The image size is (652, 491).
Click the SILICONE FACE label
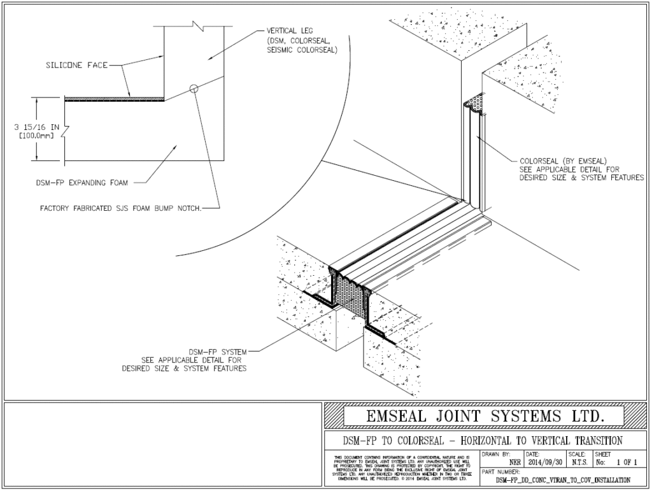tap(77, 65)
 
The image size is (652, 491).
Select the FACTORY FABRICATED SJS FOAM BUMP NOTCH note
tap(120, 207)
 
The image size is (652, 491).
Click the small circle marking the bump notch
tap(194, 89)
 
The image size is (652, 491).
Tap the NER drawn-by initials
tap(515, 464)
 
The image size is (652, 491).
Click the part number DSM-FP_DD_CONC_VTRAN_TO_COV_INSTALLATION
tap(563, 480)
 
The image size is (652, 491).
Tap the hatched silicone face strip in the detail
tap(115, 99)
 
